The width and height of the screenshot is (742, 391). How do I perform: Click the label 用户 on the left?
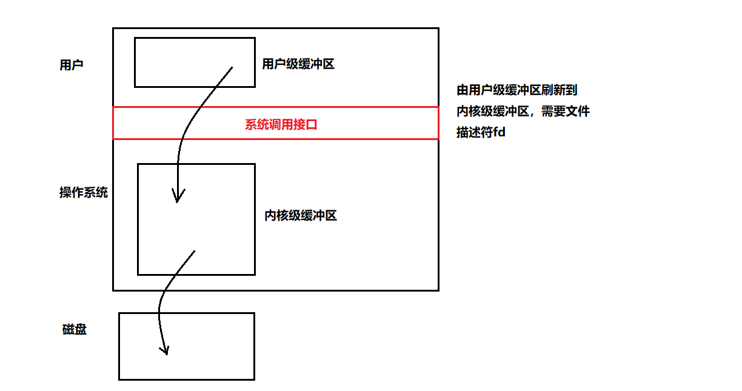click(x=71, y=65)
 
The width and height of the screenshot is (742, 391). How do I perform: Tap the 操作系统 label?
click(x=83, y=193)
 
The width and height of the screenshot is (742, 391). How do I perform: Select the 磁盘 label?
click(x=74, y=330)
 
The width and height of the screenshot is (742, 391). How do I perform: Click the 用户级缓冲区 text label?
click(x=298, y=64)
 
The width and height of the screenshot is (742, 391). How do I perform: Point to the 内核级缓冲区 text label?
click(x=300, y=215)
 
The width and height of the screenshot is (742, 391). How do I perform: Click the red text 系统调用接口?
click(x=281, y=125)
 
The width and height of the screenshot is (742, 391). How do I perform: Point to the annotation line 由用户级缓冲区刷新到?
click(x=516, y=90)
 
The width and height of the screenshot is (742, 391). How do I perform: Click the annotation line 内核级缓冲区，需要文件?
click(x=523, y=112)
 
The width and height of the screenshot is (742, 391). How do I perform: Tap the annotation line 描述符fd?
click(x=481, y=133)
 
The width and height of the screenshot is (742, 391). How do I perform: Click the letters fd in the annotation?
click(x=499, y=133)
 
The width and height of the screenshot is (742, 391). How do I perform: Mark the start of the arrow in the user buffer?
click(x=232, y=68)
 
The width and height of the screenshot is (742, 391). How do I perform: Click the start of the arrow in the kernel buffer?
click(x=194, y=251)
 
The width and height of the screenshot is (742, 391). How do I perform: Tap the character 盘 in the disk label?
click(x=80, y=330)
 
